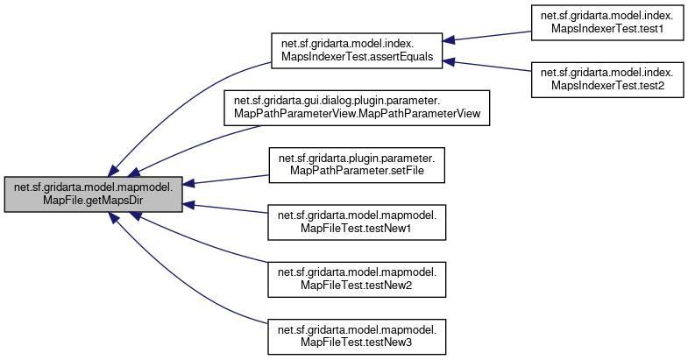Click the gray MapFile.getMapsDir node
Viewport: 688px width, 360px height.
(x=94, y=194)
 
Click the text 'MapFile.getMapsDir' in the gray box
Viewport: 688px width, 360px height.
(x=94, y=201)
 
